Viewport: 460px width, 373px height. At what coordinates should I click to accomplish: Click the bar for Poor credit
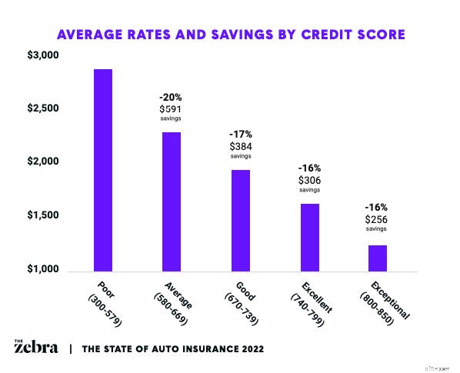pyautogui.click(x=103, y=170)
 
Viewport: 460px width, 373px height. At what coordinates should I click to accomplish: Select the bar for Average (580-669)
pyautogui.click(x=172, y=201)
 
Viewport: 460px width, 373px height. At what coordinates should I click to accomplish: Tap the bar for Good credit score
pyautogui.click(x=240, y=221)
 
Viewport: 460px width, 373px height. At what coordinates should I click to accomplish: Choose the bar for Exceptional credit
pyautogui.click(x=377, y=258)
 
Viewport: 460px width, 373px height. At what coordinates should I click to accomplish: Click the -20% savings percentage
pyautogui.click(x=170, y=98)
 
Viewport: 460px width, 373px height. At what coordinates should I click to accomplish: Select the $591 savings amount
pyautogui.click(x=170, y=110)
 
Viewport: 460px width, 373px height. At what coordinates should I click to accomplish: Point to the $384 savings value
pyautogui.click(x=240, y=145)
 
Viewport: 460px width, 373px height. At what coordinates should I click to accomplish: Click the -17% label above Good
pyautogui.click(x=240, y=134)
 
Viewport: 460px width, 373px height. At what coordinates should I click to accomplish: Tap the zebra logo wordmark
pyautogui.click(x=35, y=348)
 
